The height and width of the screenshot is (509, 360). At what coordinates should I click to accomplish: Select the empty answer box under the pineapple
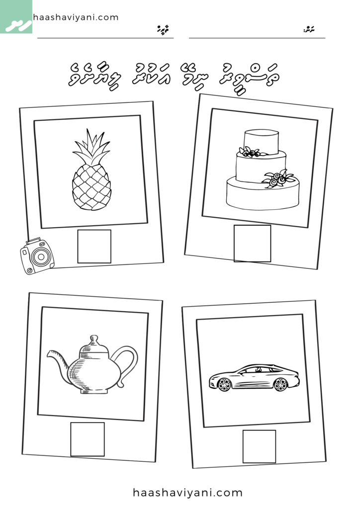pyautogui.click(x=94, y=246)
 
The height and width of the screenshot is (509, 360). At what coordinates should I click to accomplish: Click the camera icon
pyautogui.click(x=37, y=255)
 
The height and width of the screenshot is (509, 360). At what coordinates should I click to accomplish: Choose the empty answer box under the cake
pyautogui.click(x=253, y=243)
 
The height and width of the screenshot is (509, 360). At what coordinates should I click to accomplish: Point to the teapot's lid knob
pyautogui.click(x=92, y=339)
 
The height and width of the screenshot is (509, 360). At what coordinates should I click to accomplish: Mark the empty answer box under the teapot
pyautogui.click(x=88, y=439)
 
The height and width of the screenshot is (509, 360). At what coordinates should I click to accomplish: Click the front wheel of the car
pyautogui.click(x=225, y=384)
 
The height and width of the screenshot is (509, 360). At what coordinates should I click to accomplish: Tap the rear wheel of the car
pyautogui.click(x=280, y=384)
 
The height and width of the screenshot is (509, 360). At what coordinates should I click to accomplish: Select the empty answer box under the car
pyautogui.click(x=259, y=446)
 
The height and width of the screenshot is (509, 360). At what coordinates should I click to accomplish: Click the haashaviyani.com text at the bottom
pyautogui.click(x=187, y=493)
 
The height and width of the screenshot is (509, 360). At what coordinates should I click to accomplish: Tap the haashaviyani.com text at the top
pyautogui.click(x=76, y=17)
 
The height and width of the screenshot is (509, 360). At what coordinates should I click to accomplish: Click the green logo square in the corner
pyautogui.click(x=16, y=16)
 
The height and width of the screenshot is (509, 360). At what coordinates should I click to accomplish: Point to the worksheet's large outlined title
pyautogui.click(x=179, y=74)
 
